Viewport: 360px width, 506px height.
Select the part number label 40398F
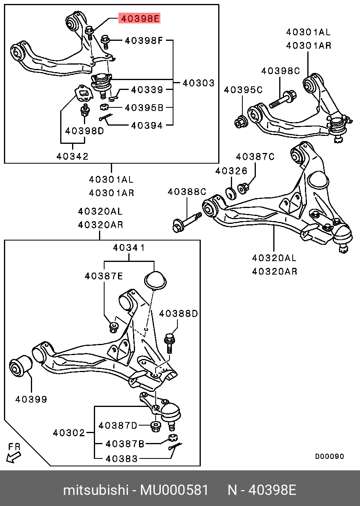(144, 40)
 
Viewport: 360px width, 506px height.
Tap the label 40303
(198, 83)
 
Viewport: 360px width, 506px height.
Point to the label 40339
(147, 90)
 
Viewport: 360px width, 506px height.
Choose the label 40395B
(144, 107)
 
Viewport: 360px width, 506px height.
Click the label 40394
(147, 126)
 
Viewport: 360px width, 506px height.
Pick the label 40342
(72, 156)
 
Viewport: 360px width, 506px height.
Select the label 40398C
(280, 71)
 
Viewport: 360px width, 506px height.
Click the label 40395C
(243, 90)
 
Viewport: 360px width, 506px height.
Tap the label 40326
(231, 171)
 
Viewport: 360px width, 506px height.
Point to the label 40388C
(187, 192)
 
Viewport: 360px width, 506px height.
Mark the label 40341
(129, 248)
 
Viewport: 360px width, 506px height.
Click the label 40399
(31, 399)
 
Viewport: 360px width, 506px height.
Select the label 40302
(69, 433)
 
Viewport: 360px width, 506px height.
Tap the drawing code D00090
(330, 456)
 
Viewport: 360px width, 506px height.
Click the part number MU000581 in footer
(174, 490)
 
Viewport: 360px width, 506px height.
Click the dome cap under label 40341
(155, 279)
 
